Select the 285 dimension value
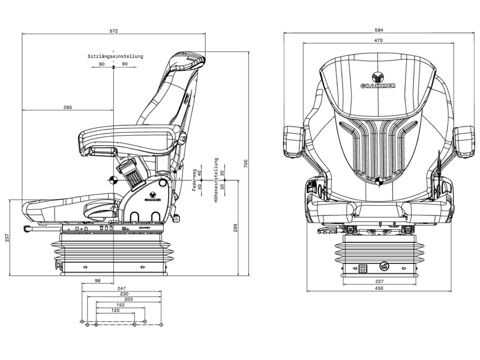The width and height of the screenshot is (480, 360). [x=67, y=107]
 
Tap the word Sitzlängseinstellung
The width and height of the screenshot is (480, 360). [x=116, y=56]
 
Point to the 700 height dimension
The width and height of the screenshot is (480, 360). [x=246, y=163]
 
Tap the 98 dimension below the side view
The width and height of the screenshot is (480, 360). [x=98, y=281]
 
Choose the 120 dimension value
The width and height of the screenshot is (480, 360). [x=115, y=311]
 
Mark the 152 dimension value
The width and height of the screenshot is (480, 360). [x=120, y=305]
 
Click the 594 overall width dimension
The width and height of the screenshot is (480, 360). [x=379, y=31]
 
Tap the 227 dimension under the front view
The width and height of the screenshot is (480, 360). [x=379, y=281]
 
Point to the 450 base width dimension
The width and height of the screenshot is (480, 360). [x=379, y=289]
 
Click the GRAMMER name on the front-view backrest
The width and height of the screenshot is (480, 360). [x=378, y=86]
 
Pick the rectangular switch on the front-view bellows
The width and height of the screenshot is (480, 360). [x=362, y=269]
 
